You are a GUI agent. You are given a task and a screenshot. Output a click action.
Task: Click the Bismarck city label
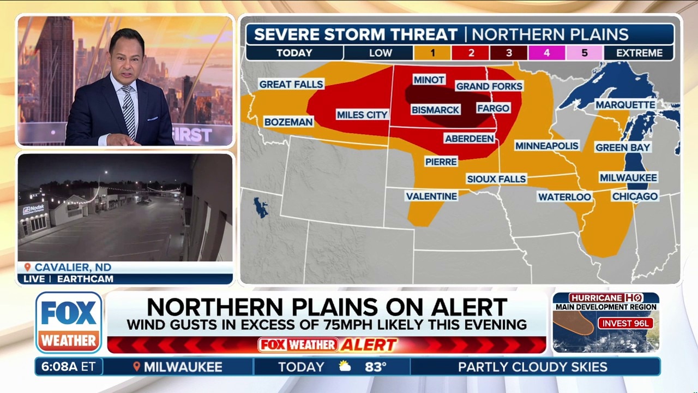[435, 110]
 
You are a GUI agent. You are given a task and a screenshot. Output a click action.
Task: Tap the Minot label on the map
[429, 80]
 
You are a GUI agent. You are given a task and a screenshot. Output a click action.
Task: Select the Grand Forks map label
[489, 86]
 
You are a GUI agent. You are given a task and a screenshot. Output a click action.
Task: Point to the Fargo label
[493, 108]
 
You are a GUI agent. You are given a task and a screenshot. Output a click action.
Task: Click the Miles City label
[362, 115]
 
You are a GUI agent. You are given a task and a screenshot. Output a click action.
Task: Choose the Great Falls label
[291, 84]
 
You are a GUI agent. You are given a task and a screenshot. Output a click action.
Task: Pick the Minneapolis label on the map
[547, 146]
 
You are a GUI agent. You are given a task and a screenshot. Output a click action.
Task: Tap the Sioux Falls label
[496, 178]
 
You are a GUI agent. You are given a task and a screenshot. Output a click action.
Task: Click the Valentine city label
[431, 196]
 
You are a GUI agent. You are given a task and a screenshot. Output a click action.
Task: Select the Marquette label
[625, 105]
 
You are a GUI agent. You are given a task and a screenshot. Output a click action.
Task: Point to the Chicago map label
[635, 196]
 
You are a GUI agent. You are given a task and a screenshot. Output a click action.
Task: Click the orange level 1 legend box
[432, 53]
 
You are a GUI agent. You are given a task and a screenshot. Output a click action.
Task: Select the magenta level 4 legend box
[546, 53]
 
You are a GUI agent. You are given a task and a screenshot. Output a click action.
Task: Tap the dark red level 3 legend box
[508, 53]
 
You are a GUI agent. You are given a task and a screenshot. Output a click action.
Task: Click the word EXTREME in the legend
[640, 53]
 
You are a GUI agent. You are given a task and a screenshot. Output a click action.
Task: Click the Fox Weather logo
[69, 322]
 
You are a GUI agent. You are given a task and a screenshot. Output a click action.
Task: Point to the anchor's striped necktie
[129, 111]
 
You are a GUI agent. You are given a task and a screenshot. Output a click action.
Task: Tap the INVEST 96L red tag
[625, 323]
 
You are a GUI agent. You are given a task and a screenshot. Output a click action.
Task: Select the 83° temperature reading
[376, 367]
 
